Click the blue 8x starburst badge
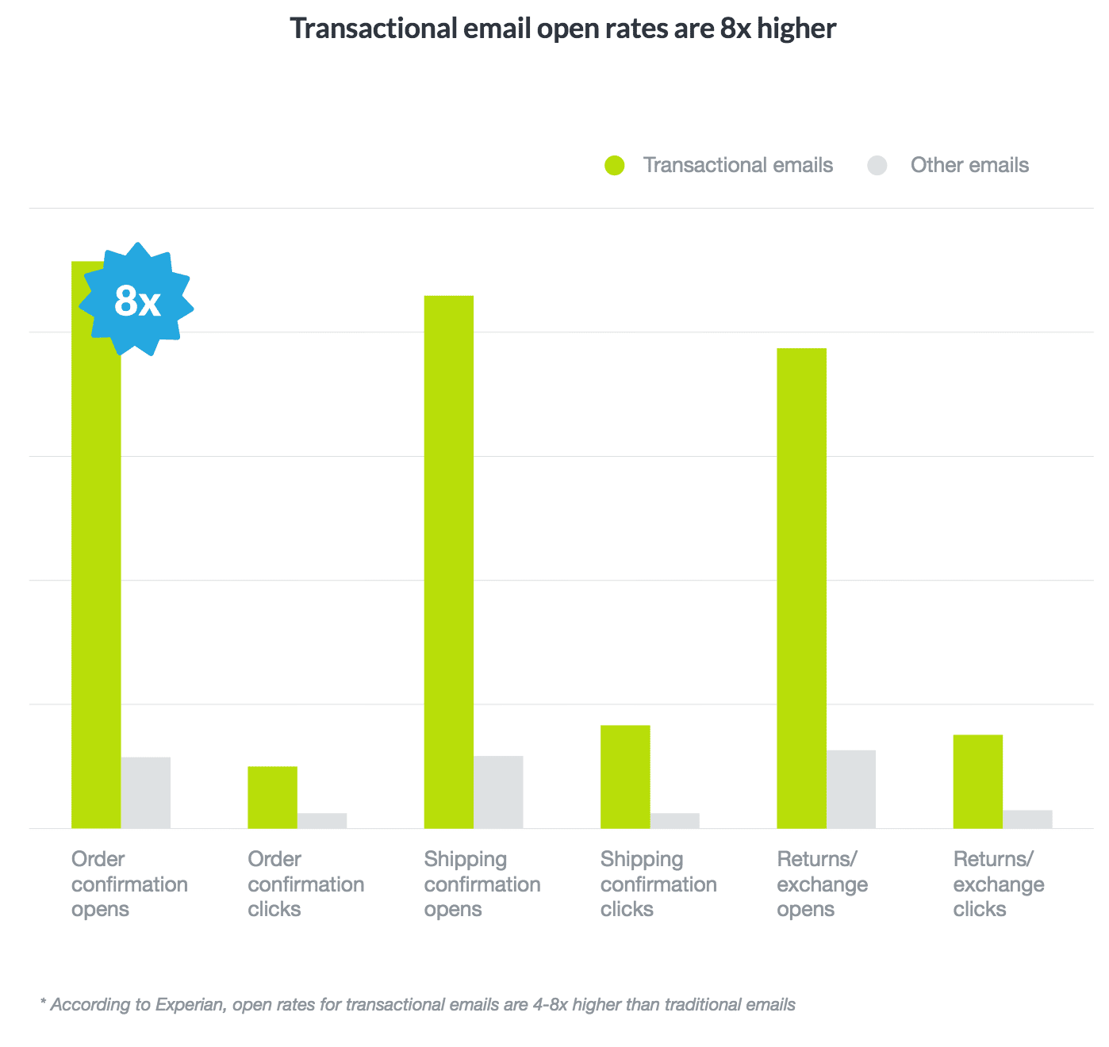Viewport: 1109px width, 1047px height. (x=137, y=300)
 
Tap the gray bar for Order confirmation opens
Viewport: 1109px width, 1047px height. (x=146, y=792)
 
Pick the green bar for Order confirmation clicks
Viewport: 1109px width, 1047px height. (x=272, y=797)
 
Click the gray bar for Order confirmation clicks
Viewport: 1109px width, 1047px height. (x=322, y=820)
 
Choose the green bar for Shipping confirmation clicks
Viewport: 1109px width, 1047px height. (x=625, y=777)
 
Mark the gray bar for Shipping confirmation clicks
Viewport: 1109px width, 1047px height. (x=674, y=820)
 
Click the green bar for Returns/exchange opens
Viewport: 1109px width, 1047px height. (x=801, y=588)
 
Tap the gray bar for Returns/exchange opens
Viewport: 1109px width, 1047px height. (x=851, y=789)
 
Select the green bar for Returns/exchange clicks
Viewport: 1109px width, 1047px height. (x=977, y=781)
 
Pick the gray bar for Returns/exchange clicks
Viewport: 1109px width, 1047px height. (x=1027, y=819)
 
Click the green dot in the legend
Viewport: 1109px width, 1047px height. (x=615, y=165)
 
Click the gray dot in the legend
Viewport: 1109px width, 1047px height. (x=877, y=165)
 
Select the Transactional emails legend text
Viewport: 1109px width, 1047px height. (x=738, y=165)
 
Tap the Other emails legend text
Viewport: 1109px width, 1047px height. (x=969, y=165)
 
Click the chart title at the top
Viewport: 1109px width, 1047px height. (x=563, y=29)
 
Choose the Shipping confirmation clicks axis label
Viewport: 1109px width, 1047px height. (x=658, y=884)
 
